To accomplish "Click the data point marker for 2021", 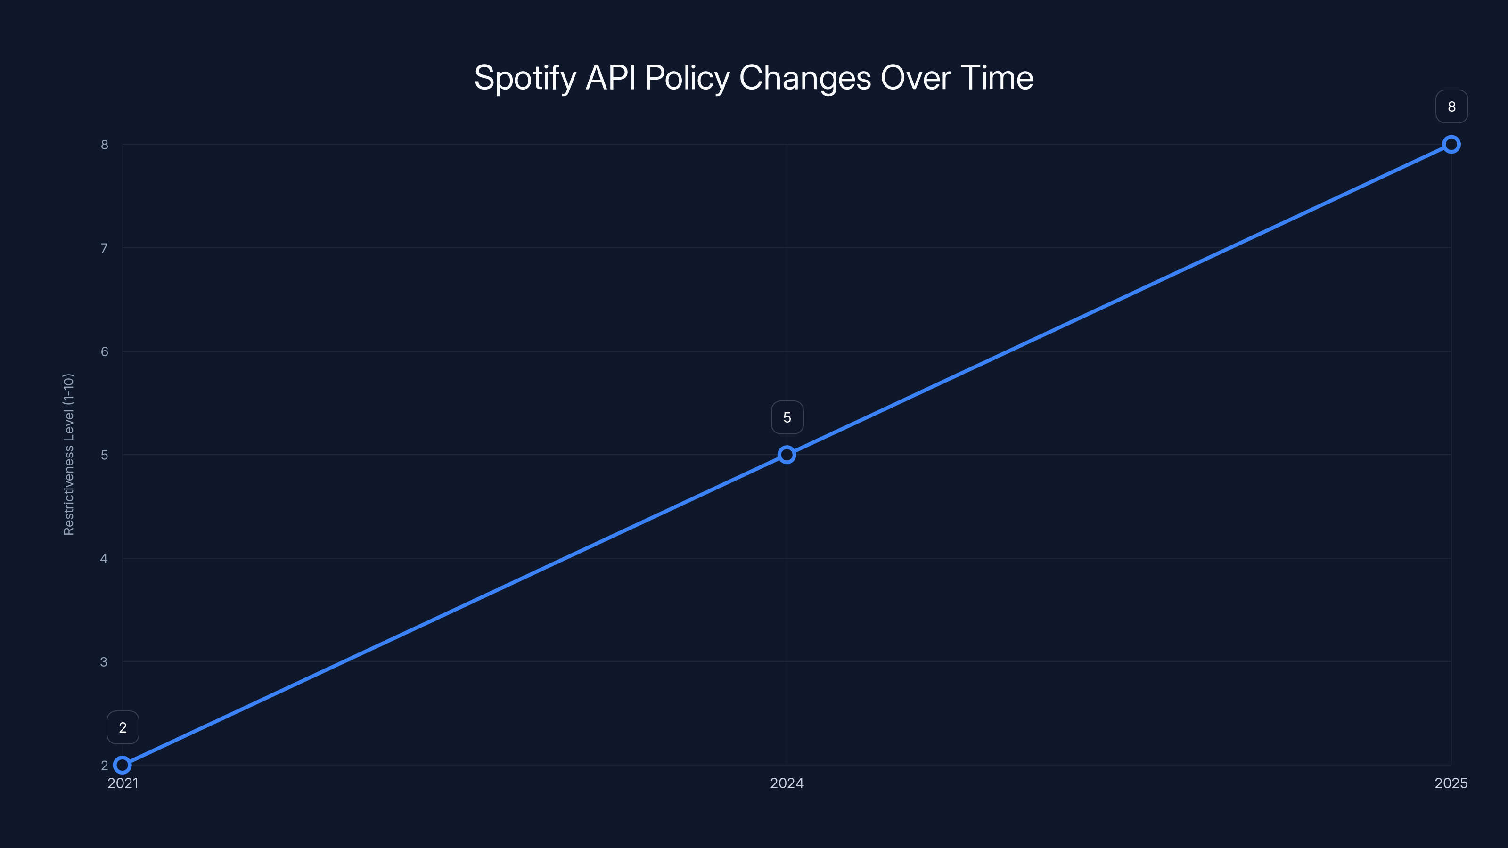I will point(123,765).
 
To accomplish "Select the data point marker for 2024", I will point(787,455).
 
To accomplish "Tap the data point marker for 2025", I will point(1451,145).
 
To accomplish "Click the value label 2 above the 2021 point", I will point(123,727).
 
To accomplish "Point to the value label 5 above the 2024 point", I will point(787,417).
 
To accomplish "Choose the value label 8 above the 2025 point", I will point(1451,106).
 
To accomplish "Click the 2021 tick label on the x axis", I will point(123,783).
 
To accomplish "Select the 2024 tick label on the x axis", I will point(787,783).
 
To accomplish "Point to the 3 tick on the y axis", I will point(104,662).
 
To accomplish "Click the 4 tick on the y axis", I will point(104,558).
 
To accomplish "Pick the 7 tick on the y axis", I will point(105,248).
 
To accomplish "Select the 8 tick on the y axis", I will point(105,145).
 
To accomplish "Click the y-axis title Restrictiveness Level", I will point(68,454).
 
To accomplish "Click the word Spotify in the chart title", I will point(525,78).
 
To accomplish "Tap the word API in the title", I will point(611,77).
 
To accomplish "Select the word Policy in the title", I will point(687,78).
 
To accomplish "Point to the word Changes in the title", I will point(805,78).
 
